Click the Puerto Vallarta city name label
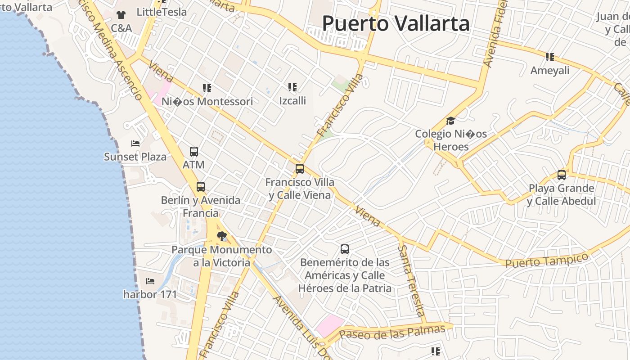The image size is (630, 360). point(396,23)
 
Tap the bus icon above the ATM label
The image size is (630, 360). point(194,152)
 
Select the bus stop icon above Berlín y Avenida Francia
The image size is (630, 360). point(201,187)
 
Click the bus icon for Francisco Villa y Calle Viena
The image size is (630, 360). point(300,169)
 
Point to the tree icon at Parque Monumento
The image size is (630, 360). point(221,236)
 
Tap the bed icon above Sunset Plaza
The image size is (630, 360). point(135,144)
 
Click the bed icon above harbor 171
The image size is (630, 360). point(150,281)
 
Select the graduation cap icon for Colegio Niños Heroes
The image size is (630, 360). point(450,121)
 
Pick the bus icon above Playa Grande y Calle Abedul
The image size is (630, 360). point(562,175)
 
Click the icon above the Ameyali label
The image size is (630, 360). point(549,57)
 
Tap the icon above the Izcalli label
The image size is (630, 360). point(292,87)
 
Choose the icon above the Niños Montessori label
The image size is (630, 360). point(207,88)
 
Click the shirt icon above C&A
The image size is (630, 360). point(121,15)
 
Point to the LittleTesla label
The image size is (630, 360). point(162,12)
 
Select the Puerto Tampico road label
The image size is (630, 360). point(547,260)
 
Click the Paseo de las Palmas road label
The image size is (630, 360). point(392,332)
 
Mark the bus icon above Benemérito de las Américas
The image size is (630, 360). point(345,249)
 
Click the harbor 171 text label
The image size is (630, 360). point(150,295)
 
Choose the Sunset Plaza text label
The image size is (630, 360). point(135,157)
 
